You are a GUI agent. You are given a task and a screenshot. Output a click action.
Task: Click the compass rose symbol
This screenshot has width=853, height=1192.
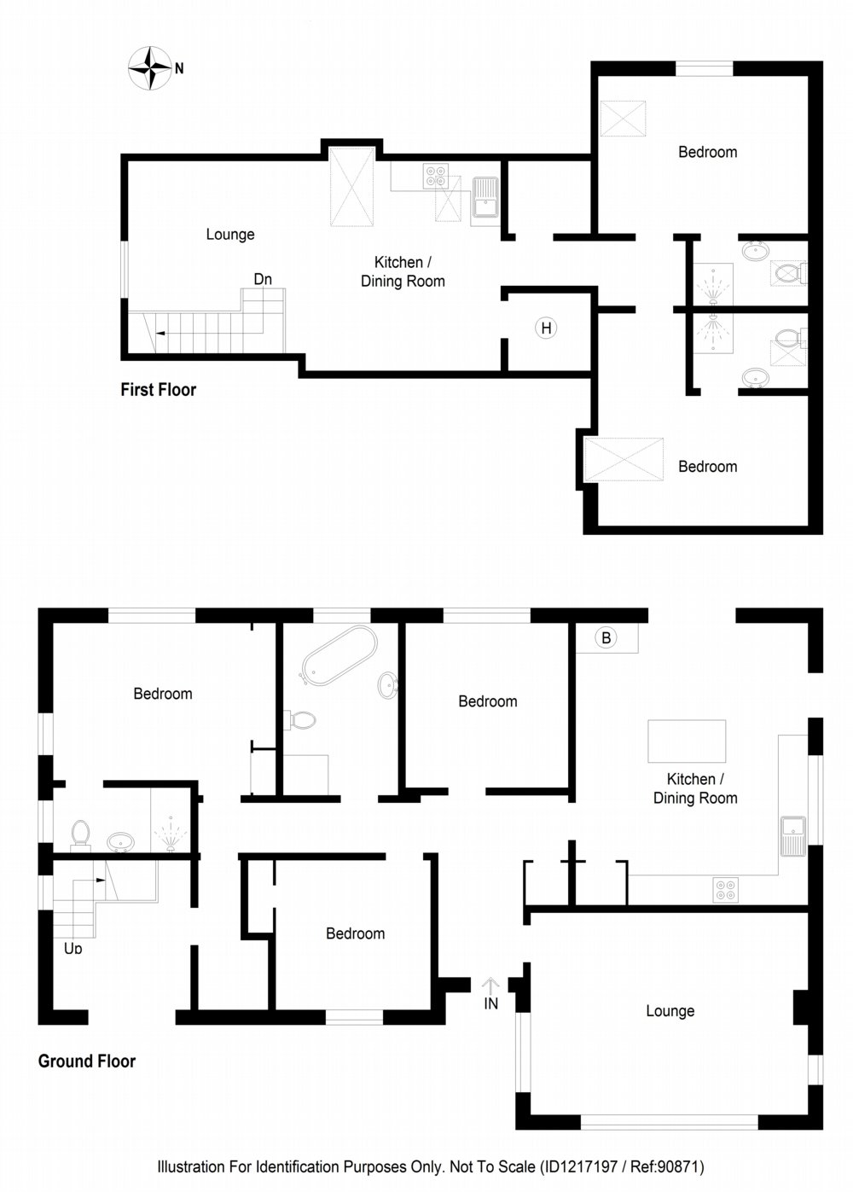point(149,67)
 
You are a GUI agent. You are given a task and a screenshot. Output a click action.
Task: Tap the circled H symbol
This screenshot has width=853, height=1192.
point(546,329)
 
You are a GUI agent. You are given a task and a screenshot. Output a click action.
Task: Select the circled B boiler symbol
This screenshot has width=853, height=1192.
point(606,638)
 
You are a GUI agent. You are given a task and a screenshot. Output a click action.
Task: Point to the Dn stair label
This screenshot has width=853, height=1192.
point(263,279)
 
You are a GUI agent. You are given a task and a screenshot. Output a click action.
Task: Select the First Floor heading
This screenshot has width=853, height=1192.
point(158,390)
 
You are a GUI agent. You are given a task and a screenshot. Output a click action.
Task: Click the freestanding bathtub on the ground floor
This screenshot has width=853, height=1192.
point(339,655)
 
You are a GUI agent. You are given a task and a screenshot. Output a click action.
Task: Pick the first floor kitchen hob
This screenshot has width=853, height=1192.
point(435,176)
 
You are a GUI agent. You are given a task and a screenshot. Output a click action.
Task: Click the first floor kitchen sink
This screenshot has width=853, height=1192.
point(485,198)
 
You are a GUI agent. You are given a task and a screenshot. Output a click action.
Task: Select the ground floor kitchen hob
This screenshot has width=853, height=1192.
point(725,889)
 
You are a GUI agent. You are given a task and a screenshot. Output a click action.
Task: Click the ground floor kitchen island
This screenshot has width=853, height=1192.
point(687,741)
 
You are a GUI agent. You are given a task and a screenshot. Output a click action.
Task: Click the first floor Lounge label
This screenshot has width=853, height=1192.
point(230,234)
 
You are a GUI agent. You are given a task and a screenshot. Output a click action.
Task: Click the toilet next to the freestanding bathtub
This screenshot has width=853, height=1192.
point(299,720)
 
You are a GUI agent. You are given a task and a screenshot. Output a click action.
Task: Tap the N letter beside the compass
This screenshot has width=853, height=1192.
point(179,68)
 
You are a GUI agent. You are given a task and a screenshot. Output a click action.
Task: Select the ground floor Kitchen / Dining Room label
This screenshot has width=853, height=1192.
point(695,788)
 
